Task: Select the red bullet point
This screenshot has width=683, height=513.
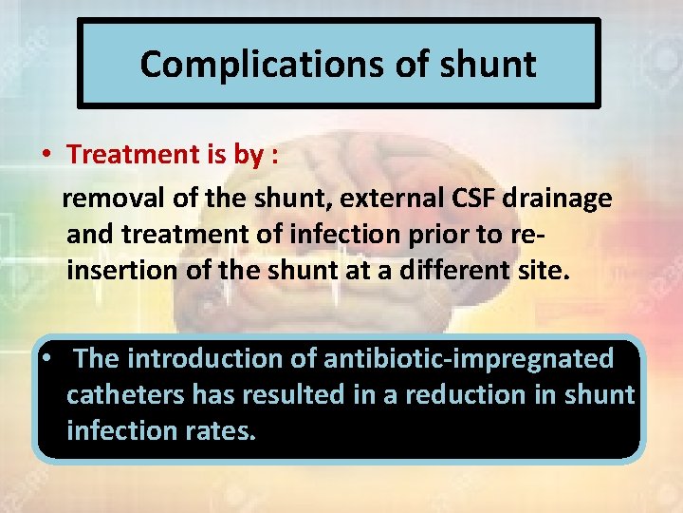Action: pos(45,154)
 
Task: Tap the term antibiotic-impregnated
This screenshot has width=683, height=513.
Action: pos(469,359)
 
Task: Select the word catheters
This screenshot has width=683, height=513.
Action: pos(126,394)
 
